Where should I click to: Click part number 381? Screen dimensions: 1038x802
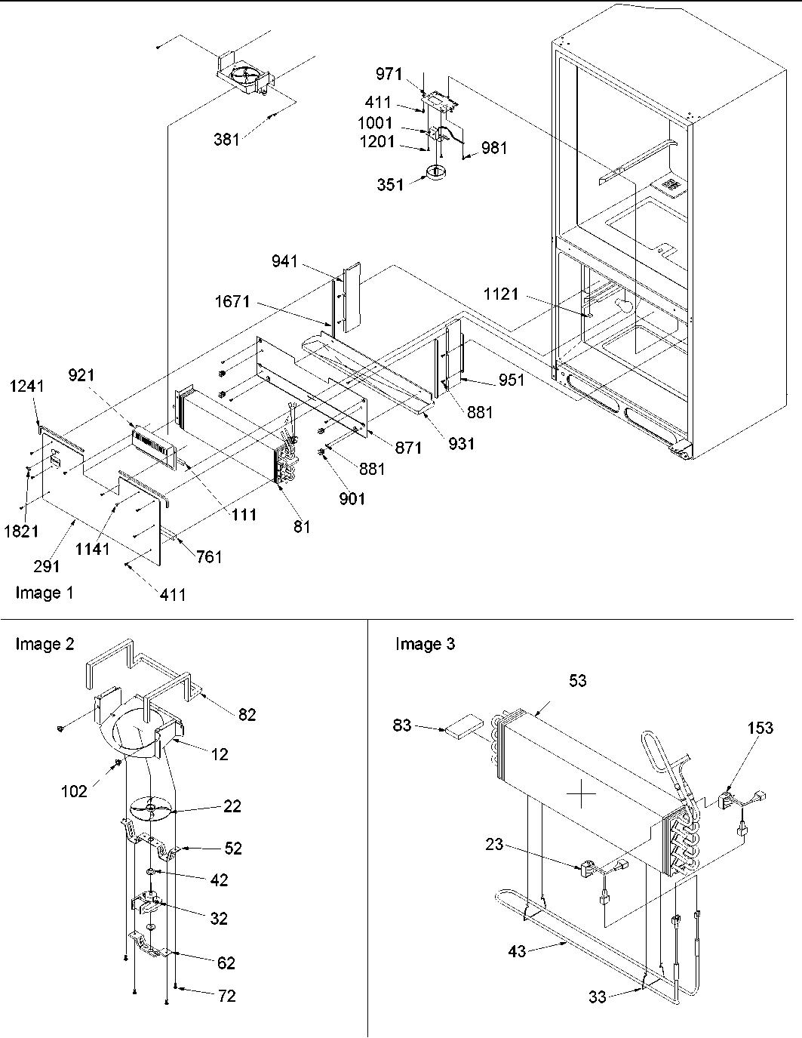pyautogui.click(x=226, y=139)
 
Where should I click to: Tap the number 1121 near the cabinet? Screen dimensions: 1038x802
pyautogui.click(x=500, y=294)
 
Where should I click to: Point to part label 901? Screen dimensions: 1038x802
pyautogui.click(x=352, y=499)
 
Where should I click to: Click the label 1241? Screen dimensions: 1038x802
pyautogui.click(x=26, y=387)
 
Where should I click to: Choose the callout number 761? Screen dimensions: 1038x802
pyautogui.click(x=209, y=557)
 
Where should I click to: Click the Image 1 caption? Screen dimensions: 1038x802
pyautogui.click(x=45, y=593)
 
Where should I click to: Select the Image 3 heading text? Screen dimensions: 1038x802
pyautogui.click(x=425, y=644)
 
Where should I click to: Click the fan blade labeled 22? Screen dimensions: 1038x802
pyautogui.click(x=151, y=809)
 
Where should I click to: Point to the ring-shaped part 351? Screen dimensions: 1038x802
pyautogui.click(x=436, y=173)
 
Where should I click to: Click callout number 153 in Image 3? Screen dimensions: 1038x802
pyautogui.click(x=760, y=728)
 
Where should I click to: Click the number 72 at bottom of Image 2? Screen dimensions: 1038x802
pyautogui.click(x=226, y=996)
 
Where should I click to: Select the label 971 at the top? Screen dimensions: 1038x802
pyautogui.click(x=390, y=73)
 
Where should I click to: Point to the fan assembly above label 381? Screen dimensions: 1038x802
pyautogui.click(x=243, y=77)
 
